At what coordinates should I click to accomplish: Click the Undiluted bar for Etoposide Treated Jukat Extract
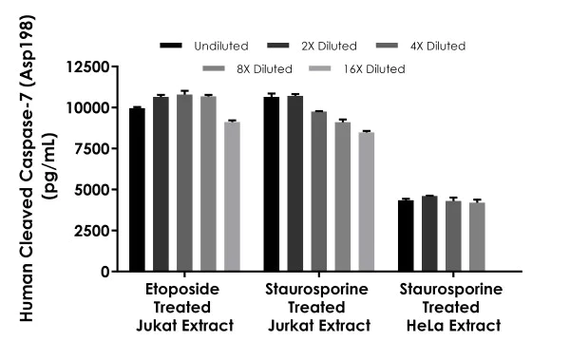pos(138,189)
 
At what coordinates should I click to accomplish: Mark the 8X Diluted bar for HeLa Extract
pos(476,237)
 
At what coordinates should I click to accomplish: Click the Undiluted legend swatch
pos(172,45)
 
